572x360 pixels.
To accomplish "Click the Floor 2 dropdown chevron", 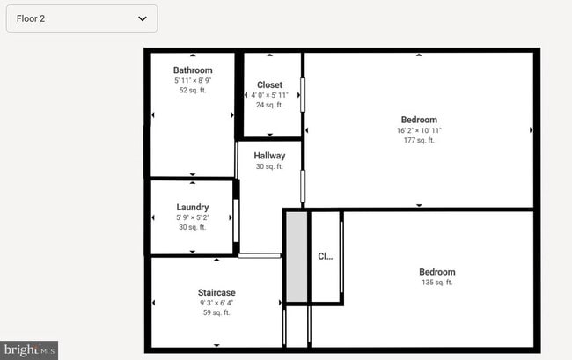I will click(143, 18).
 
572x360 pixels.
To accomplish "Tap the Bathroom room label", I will click(193, 70).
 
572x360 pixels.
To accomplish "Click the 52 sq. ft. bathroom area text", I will click(193, 90).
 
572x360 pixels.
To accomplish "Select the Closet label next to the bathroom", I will click(269, 85).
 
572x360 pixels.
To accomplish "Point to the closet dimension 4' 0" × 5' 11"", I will click(269, 95).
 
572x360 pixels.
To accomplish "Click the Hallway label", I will click(269, 156).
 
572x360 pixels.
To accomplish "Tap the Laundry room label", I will click(192, 208).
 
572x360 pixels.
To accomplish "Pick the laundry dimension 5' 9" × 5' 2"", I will click(192, 217).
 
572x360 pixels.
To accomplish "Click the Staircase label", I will click(216, 292).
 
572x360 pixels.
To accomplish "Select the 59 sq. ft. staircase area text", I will click(216, 312).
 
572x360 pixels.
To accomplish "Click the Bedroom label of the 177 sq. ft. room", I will click(419, 120).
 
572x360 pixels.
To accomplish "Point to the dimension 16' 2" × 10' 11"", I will click(419, 130).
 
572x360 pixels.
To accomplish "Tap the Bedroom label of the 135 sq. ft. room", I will click(437, 272).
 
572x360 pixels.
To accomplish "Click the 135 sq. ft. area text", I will click(437, 283).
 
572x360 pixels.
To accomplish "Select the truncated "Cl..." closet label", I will click(326, 257).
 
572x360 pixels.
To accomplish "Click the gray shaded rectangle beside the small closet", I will click(297, 257).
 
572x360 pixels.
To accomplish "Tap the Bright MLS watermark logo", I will click(29, 350).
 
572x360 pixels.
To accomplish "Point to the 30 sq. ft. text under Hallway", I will click(269, 166).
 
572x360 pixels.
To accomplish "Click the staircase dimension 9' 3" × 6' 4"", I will click(216, 303).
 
